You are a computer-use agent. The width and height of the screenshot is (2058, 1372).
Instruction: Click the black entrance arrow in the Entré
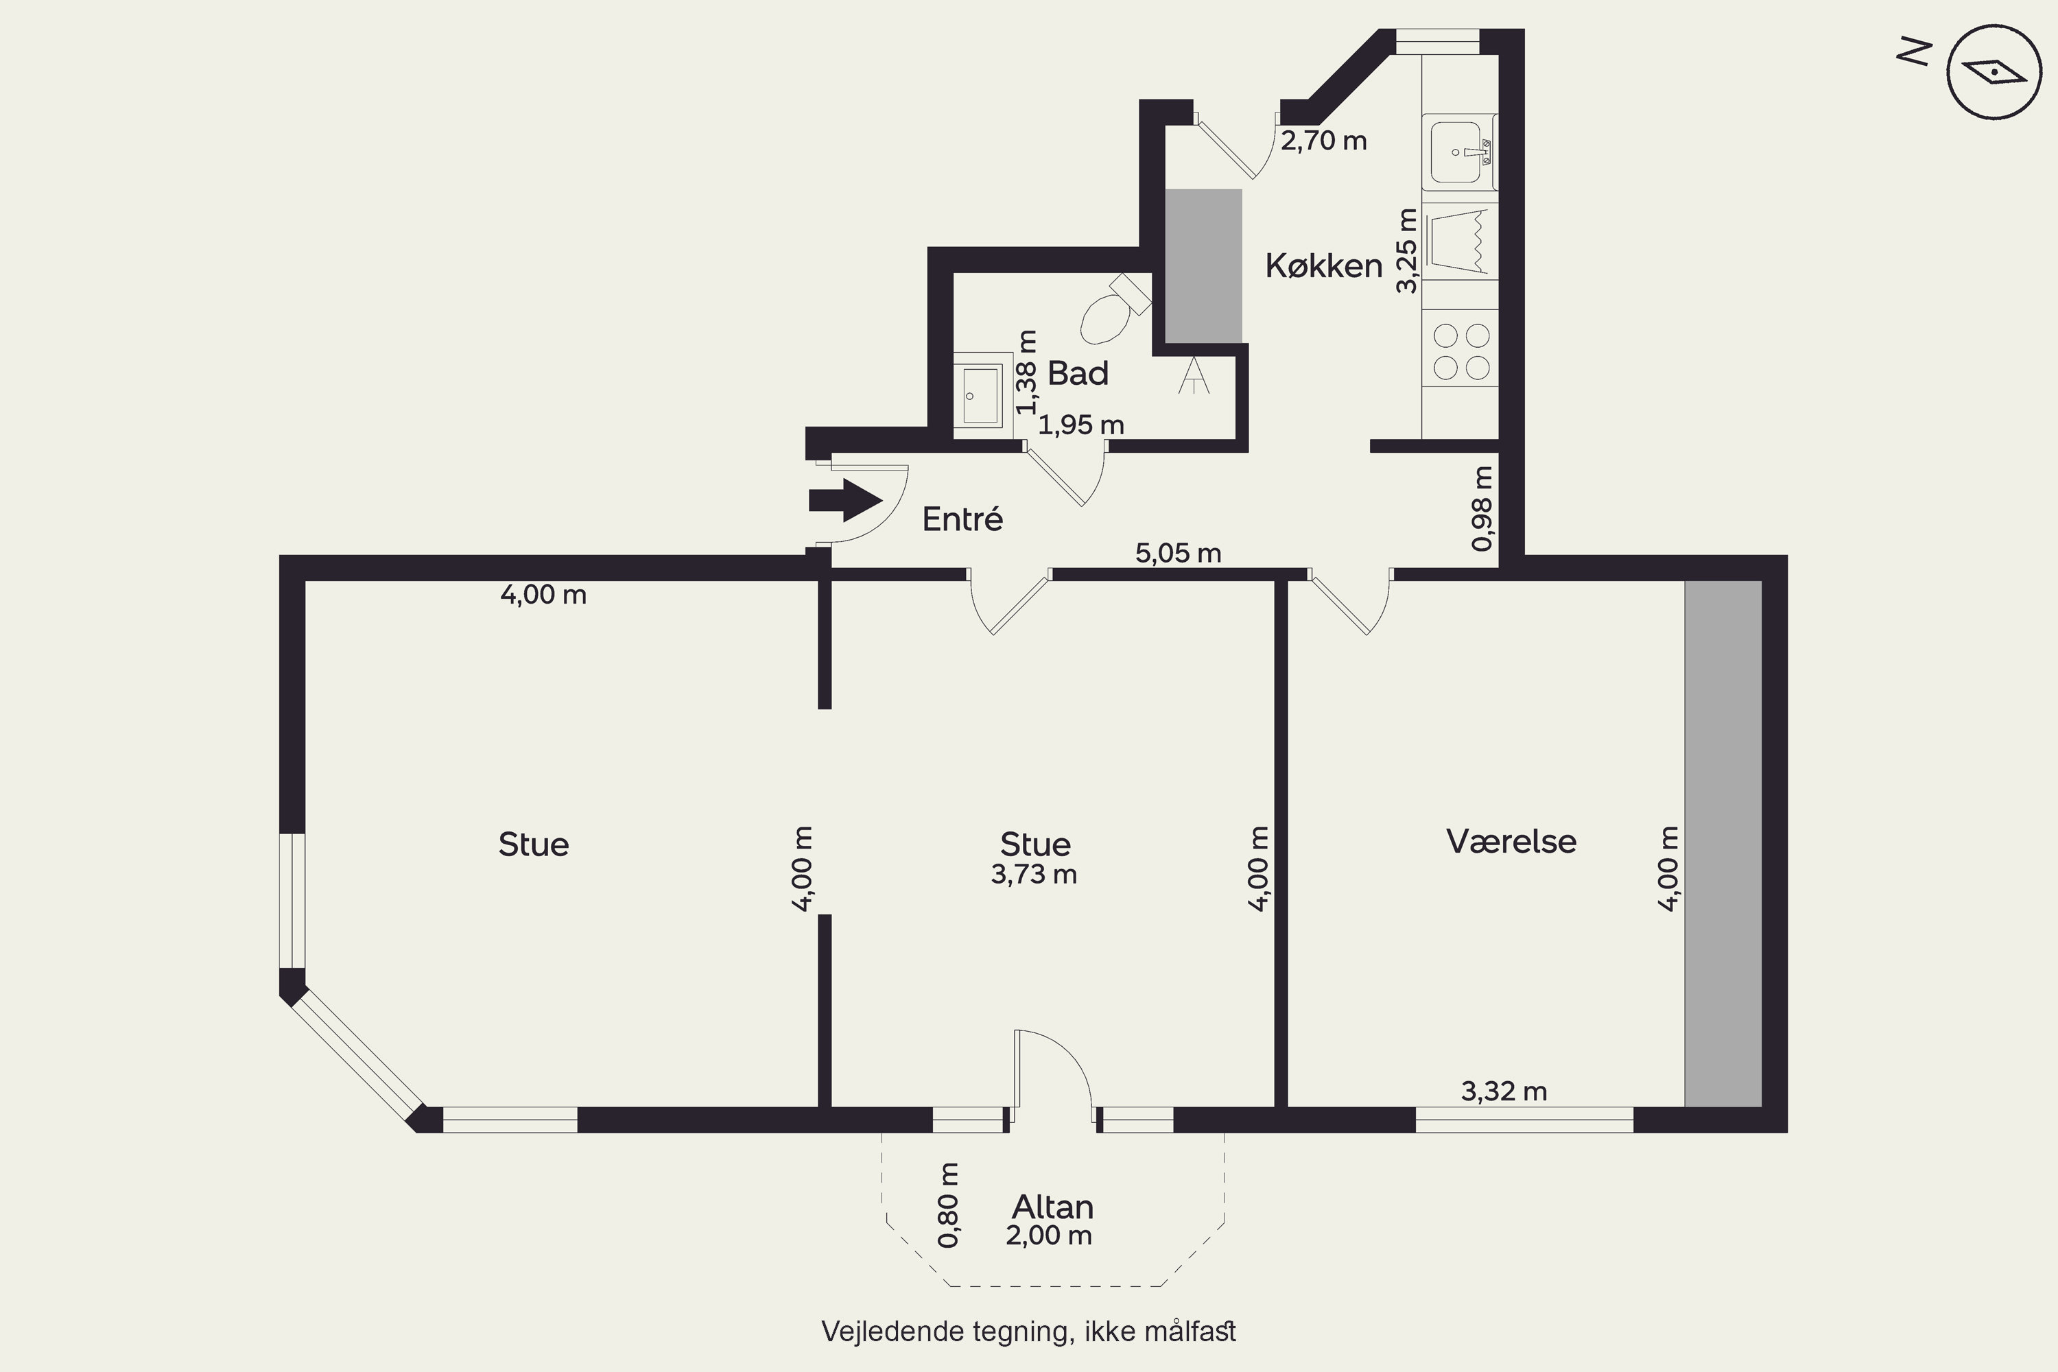(x=844, y=501)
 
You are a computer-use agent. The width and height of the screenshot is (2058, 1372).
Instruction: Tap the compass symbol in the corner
(x=1995, y=72)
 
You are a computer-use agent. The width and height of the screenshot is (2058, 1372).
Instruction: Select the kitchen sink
(x=1458, y=152)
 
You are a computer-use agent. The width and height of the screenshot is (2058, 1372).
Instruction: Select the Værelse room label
(x=1511, y=841)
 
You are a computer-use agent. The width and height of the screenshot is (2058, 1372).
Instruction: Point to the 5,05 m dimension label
(x=1178, y=553)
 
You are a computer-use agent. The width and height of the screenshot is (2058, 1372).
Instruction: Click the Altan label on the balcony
(x=1052, y=1207)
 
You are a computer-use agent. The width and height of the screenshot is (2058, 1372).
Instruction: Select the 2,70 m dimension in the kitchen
(x=1324, y=141)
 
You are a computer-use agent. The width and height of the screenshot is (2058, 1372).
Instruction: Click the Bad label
(x=1078, y=374)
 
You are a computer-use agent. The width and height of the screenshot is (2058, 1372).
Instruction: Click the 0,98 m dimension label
(x=1482, y=508)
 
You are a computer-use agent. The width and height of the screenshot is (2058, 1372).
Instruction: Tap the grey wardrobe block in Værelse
(x=1723, y=844)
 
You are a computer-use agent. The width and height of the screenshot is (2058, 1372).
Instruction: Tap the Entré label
(x=962, y=520)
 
